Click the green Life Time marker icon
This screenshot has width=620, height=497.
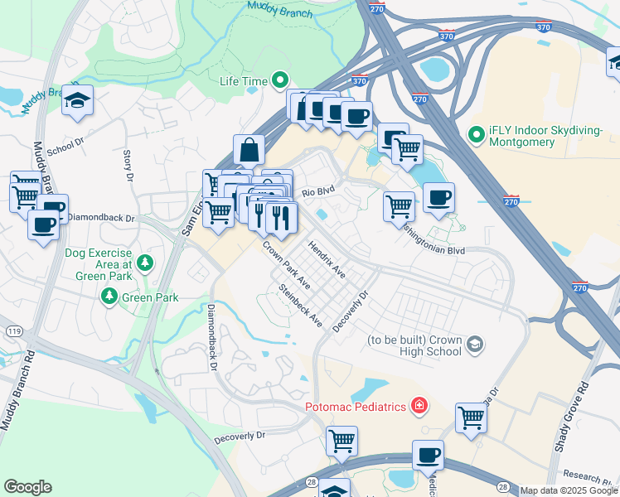281,80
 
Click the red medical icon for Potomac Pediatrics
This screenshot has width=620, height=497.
420,406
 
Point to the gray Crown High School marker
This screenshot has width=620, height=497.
475,344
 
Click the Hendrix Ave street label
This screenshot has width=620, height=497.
326,258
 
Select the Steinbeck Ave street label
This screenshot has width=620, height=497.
300,306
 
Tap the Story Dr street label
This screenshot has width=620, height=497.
128,165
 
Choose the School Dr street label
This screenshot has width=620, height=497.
65,146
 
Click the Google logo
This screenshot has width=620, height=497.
27,487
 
